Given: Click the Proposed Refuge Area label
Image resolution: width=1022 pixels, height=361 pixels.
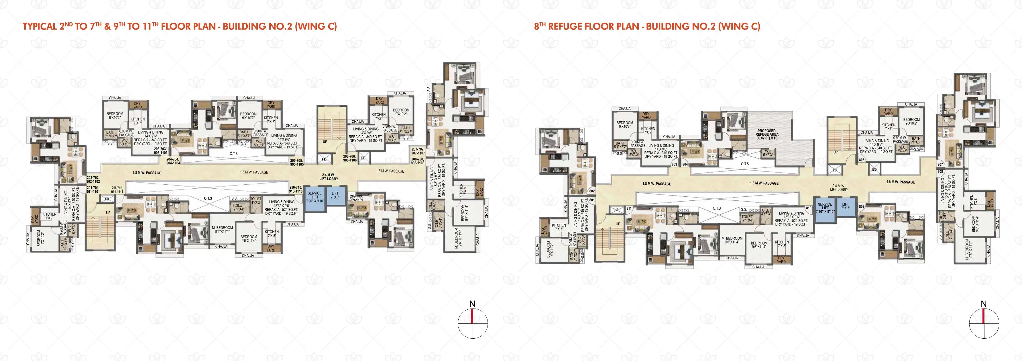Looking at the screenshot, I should coord(767,134).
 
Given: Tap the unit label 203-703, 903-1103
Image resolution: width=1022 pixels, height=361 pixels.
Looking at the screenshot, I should coord(161,151).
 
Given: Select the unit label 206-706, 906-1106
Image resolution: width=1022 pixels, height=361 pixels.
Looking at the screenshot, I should coord(349,158).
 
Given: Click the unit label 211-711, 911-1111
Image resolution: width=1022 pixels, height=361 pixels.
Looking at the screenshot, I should coord(117,190).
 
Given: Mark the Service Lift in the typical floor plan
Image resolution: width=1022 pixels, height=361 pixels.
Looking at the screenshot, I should coord(315,197).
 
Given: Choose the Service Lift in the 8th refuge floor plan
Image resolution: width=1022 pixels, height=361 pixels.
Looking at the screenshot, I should coord(825,208).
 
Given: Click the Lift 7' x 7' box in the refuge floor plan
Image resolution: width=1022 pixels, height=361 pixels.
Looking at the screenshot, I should coord(846,206).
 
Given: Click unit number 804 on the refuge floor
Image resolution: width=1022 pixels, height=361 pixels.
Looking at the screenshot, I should coord(685,164).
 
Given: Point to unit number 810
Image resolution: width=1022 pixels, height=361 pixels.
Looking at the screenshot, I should coord(809,208).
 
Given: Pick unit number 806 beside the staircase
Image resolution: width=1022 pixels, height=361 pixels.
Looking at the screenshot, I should coord(861,160).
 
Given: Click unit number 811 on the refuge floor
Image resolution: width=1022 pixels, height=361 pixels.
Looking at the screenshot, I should coord(629,208).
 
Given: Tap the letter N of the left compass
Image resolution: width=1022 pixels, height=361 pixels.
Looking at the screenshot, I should coord(472,304).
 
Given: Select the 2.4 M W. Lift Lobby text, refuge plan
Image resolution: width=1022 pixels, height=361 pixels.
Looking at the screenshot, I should coord(839,188).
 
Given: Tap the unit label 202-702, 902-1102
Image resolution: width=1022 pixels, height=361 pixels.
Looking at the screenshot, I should coord(93,179).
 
